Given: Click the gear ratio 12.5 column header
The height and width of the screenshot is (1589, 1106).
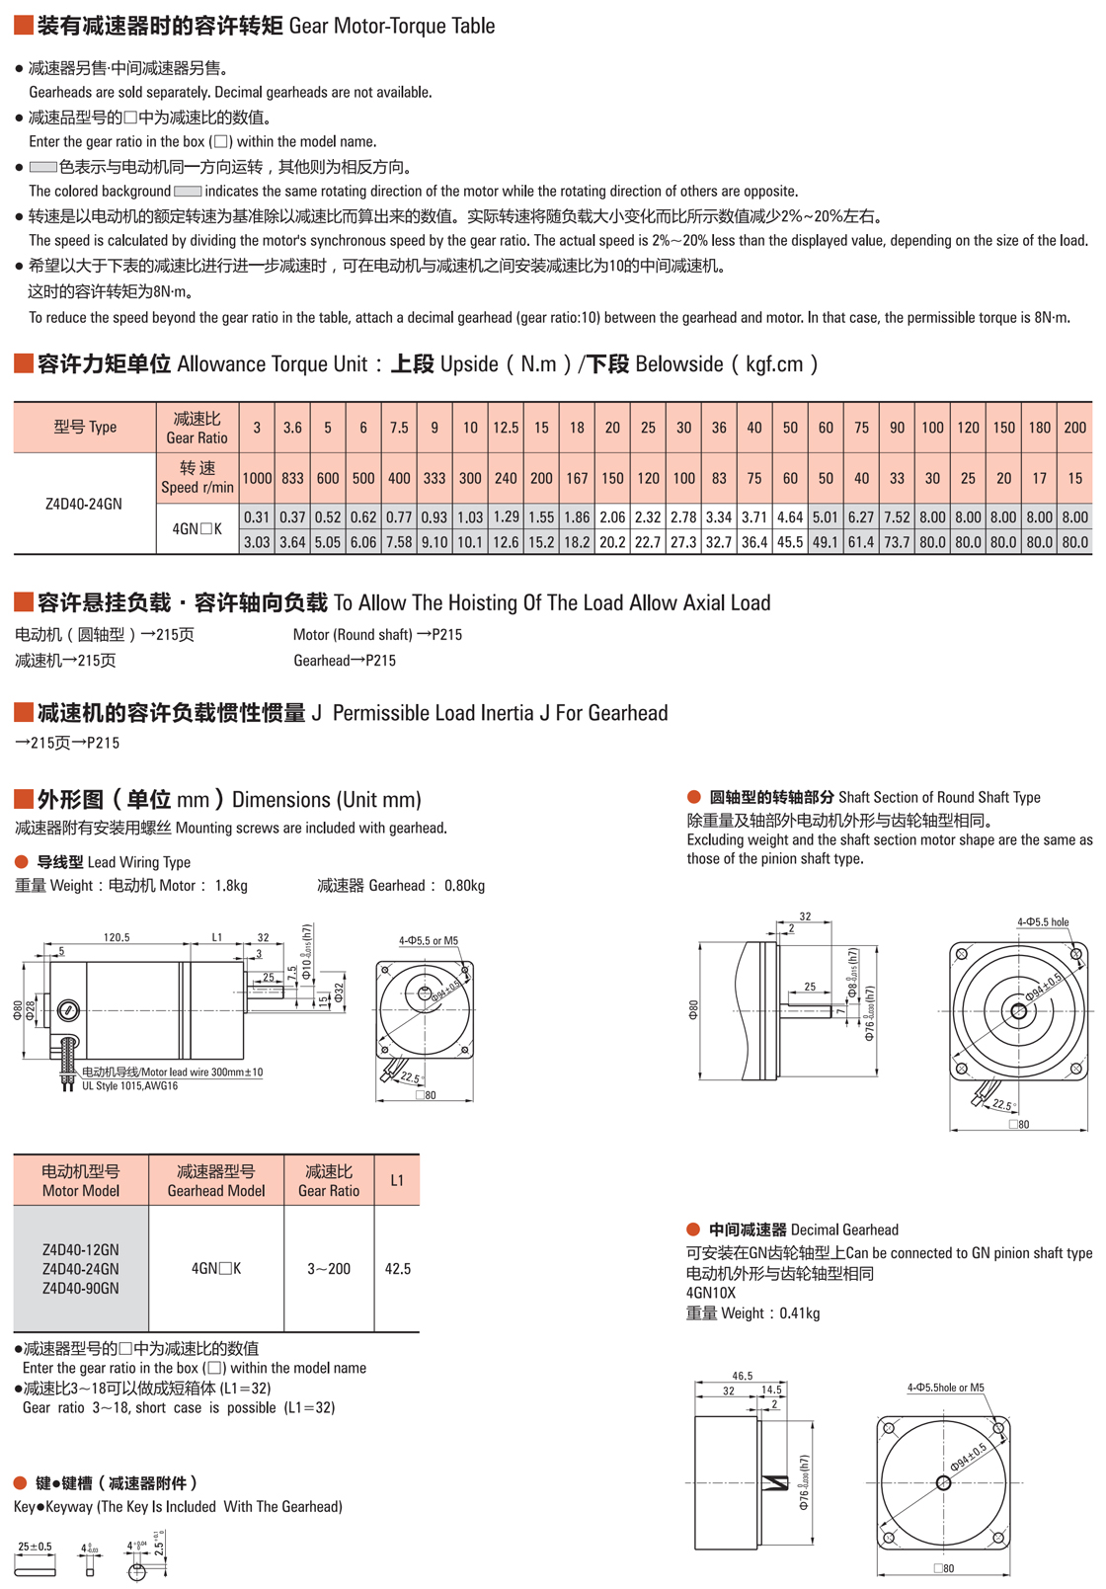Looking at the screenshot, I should click(x=506, y=428).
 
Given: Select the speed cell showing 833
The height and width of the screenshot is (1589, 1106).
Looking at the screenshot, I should click(x=292, y=478).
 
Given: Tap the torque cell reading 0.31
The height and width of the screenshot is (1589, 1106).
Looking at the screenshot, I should click(x=257, y=516).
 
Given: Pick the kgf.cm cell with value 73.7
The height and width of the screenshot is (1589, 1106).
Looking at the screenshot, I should click(x=897, y=542).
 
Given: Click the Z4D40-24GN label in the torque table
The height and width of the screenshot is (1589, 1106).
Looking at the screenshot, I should click(x=84, y=504).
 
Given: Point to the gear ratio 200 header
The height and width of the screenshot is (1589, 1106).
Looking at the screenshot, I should click(x=1074, y=428).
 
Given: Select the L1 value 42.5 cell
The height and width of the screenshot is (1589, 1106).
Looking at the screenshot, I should click(x=397, y=1269).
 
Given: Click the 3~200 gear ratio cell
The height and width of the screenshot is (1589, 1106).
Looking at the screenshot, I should click(x=329, y=1269).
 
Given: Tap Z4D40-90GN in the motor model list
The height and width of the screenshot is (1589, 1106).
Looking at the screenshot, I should click(x=81, y=1289).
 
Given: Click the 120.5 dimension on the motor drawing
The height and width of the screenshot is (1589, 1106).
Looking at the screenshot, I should click(x=117, y=937).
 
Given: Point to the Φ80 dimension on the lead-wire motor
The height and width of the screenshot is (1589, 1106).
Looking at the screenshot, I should click(x=18, y=1010).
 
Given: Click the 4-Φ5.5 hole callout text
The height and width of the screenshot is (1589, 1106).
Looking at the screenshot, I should click(x=1043, y=922).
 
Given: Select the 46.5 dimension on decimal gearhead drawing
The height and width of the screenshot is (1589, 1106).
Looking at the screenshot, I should click(x=743, y=1376).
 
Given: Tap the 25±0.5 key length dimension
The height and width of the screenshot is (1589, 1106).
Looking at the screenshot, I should click(x=35, y=1548).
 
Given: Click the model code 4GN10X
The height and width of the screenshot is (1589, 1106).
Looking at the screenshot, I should click(x=711, y=1293).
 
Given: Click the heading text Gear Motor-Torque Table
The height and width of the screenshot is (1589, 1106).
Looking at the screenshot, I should click(x=392, y=27).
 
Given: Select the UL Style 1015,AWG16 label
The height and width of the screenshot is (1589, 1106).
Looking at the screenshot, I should click(x=129, y=1086).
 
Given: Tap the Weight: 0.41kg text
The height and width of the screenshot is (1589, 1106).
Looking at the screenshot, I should click(x=752, y=1313).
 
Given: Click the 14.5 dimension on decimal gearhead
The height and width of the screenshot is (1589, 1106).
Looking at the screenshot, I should click(x=772, y=1390).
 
